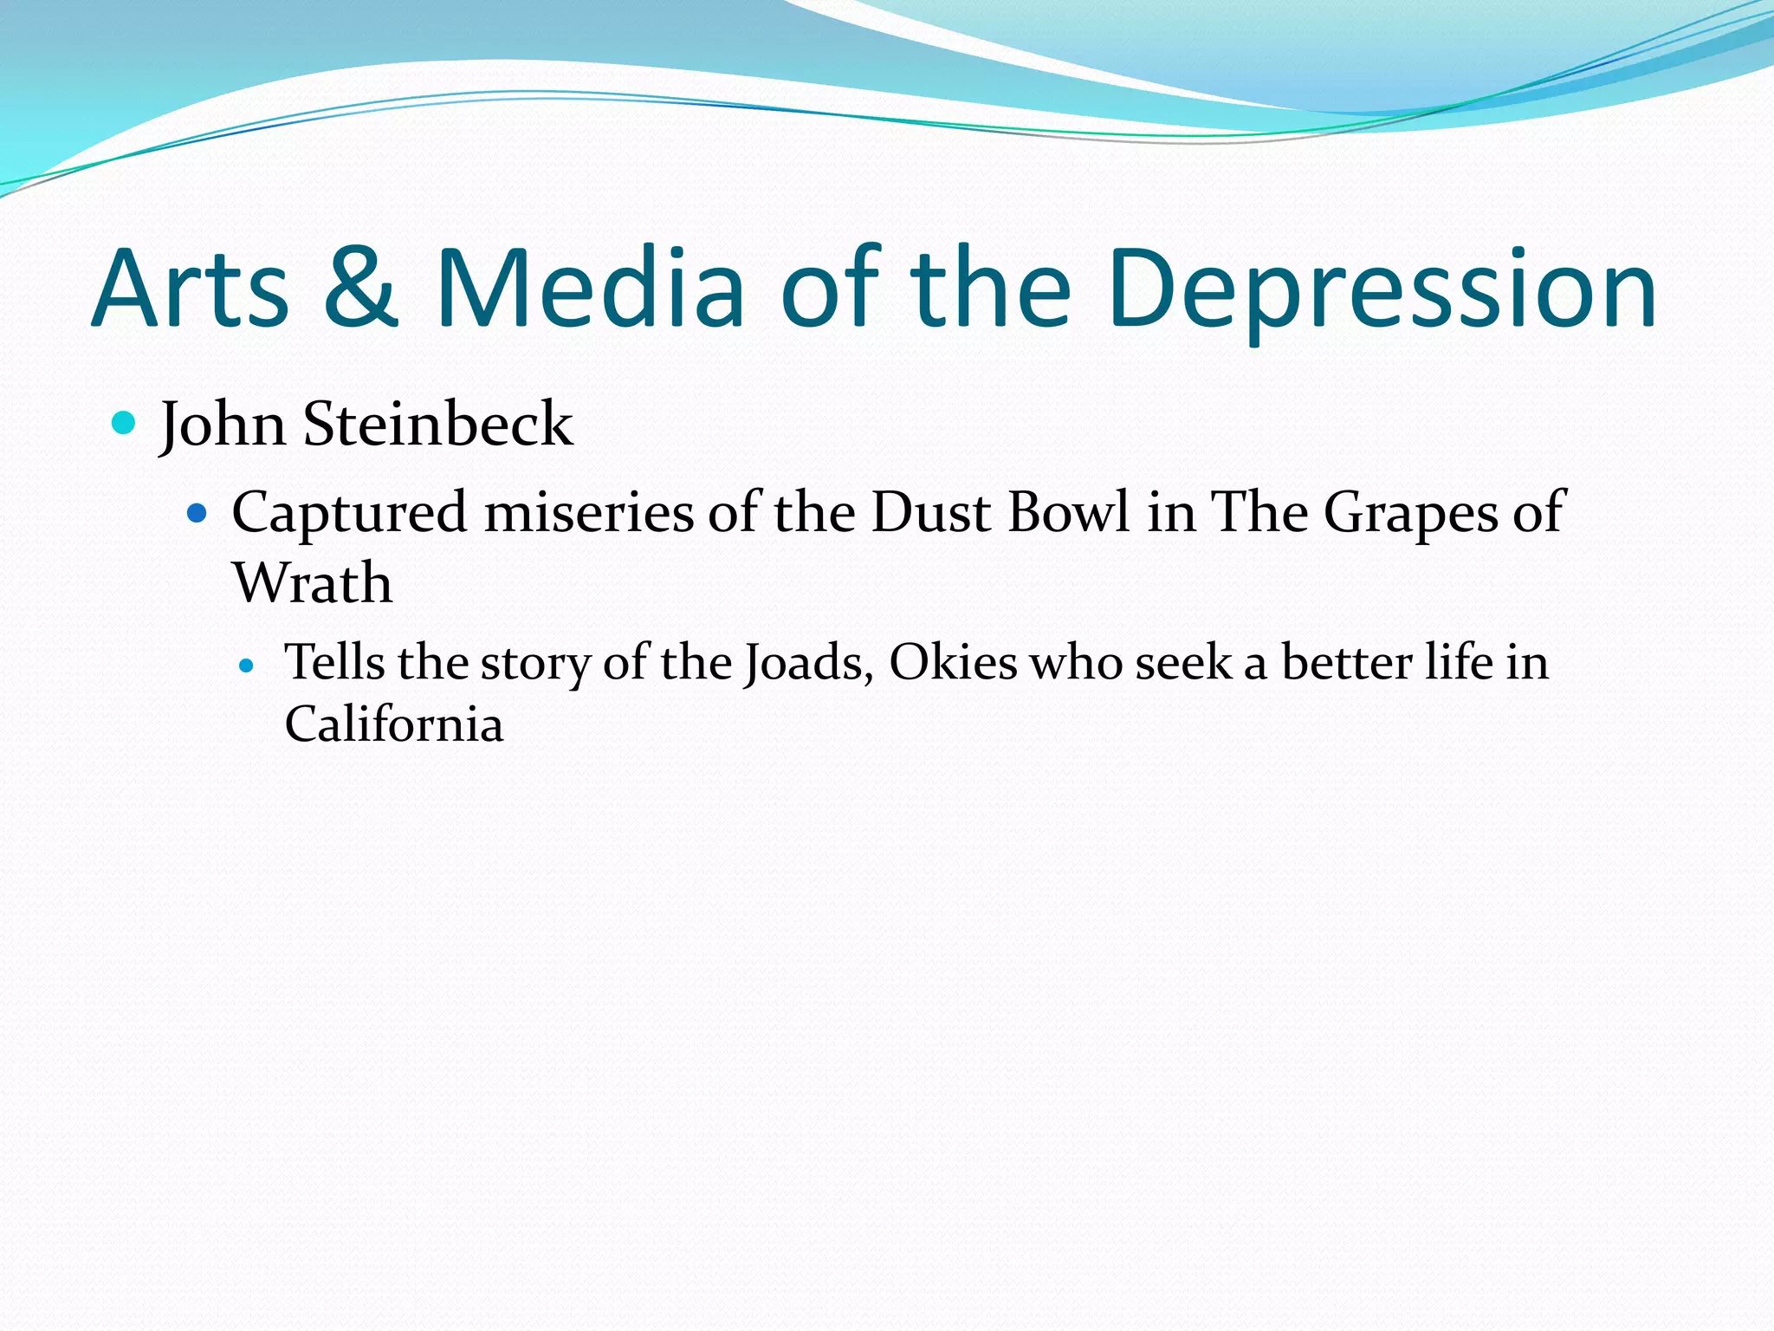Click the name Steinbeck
437,425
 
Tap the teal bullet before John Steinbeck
125,424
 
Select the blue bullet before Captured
197,514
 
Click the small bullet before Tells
247,666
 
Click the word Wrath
313,582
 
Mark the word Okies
953,663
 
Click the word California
394,724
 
